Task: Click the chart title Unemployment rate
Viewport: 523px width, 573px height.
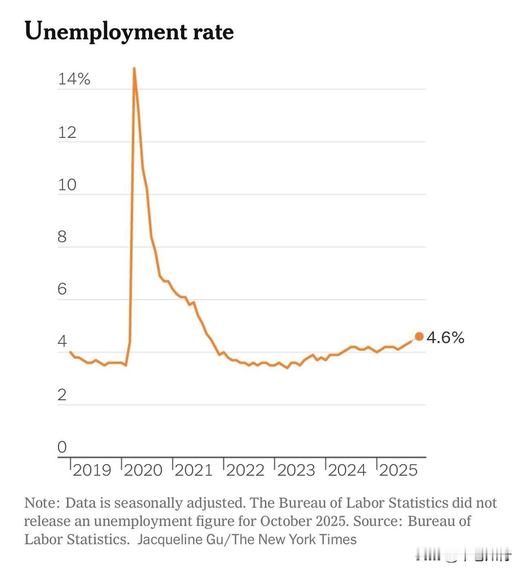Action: click(129, 31)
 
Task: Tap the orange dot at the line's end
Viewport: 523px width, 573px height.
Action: click(419, 336)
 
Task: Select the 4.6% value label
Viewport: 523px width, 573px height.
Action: click(445, 338)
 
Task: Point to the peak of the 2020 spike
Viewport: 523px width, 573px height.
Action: click(134, 69)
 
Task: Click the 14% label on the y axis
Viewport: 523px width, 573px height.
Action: click(74, 79)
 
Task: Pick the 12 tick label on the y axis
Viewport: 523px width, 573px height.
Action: click(67, 132)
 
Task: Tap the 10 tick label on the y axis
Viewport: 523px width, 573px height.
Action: click(67, 185)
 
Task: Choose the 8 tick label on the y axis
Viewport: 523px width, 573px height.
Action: click(62, 237)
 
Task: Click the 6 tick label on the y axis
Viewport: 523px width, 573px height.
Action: click(62, 289)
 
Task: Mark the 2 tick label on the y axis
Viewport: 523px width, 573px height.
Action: click(62, 395)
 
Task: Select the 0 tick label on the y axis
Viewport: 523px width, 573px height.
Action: click(62, 447)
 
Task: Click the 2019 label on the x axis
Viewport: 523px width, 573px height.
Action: click(92, 470)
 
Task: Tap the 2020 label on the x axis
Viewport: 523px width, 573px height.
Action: click(143, 470)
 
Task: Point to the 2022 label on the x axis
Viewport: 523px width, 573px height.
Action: click(246, 470)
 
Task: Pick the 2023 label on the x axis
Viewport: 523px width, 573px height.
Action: click(296, 470)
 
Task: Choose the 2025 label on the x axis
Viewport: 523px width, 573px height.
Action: click(398, 470)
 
